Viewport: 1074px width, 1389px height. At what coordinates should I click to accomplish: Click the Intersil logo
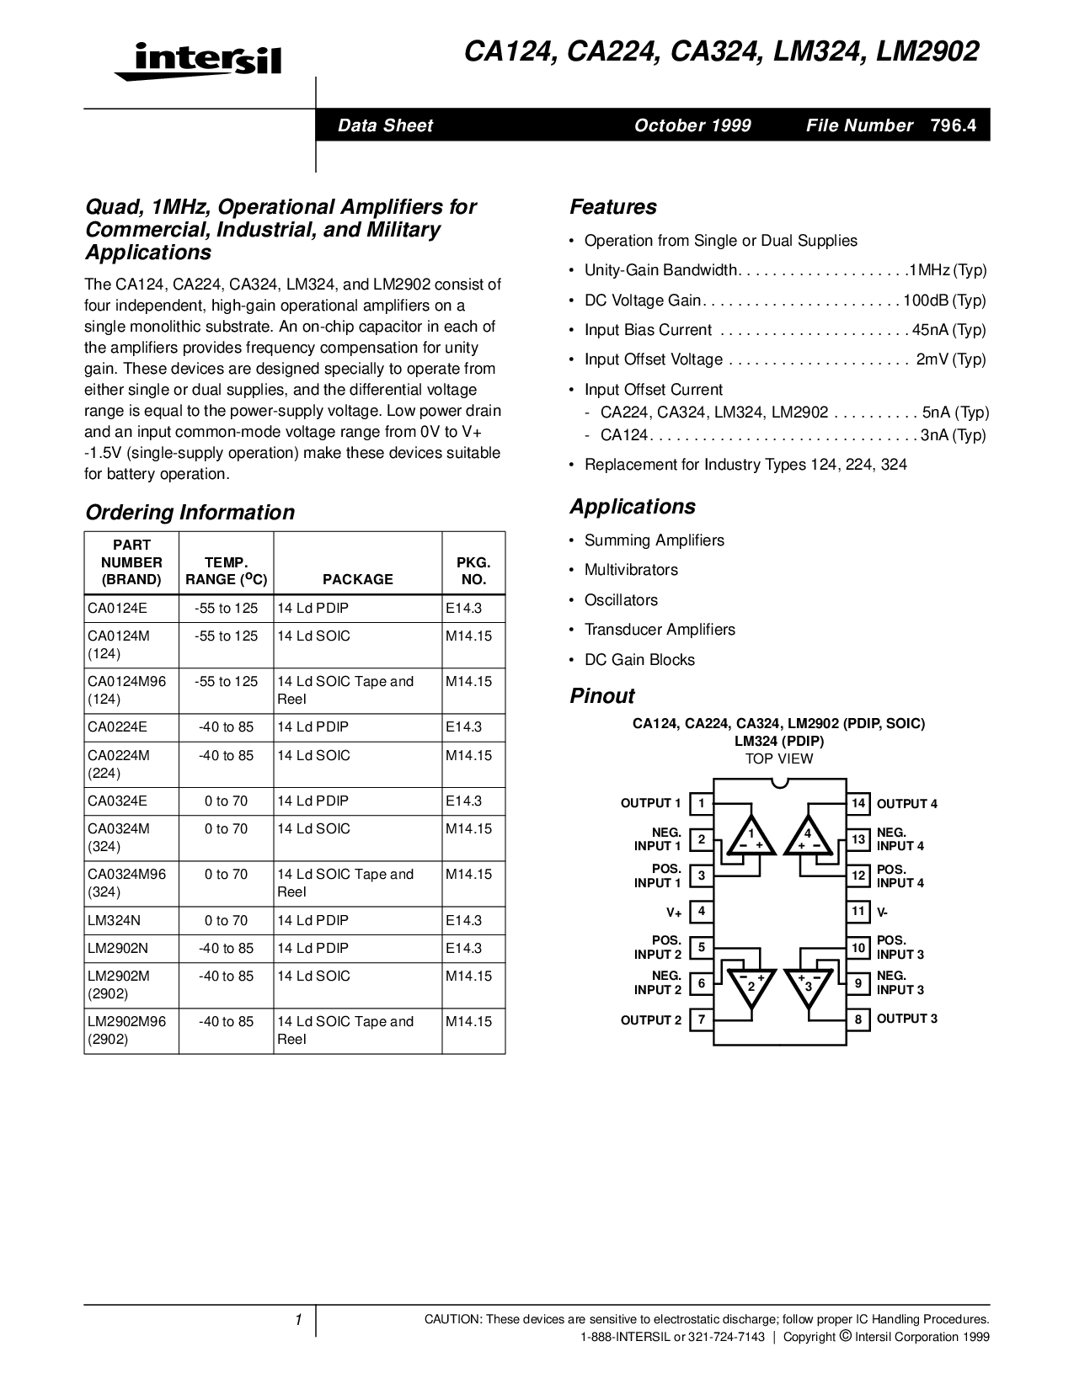tap(198, 61)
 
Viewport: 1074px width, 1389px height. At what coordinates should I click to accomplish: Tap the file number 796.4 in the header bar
tap(954, 125)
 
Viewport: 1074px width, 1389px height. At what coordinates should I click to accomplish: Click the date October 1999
tap(692, 125)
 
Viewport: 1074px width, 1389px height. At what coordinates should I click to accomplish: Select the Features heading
tap(612, 207)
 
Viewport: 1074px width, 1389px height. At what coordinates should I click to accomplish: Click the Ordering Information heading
tap(190, 513)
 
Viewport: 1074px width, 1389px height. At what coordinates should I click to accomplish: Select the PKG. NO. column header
tap(473, 571)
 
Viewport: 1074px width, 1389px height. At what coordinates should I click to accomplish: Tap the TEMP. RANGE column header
tap(226, 571)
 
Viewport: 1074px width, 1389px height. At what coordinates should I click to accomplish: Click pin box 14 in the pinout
tap(858, 803)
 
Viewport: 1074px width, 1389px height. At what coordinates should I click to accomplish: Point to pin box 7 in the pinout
tap(701, 1019)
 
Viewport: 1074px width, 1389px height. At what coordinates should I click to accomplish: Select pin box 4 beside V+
tap(701, 911)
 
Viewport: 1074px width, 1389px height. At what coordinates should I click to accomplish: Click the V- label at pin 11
tap(883, 912)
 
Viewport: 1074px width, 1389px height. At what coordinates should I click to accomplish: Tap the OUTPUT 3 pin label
tap(906, 1019)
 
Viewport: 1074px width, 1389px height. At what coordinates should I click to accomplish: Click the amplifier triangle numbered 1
tap(751, 836)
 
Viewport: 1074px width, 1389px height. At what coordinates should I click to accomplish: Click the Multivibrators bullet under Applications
tap(631, 570)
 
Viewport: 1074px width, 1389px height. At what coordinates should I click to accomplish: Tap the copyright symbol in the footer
tap(844, 1336)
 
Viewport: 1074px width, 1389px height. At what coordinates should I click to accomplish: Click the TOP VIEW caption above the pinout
tap(779, 758)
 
